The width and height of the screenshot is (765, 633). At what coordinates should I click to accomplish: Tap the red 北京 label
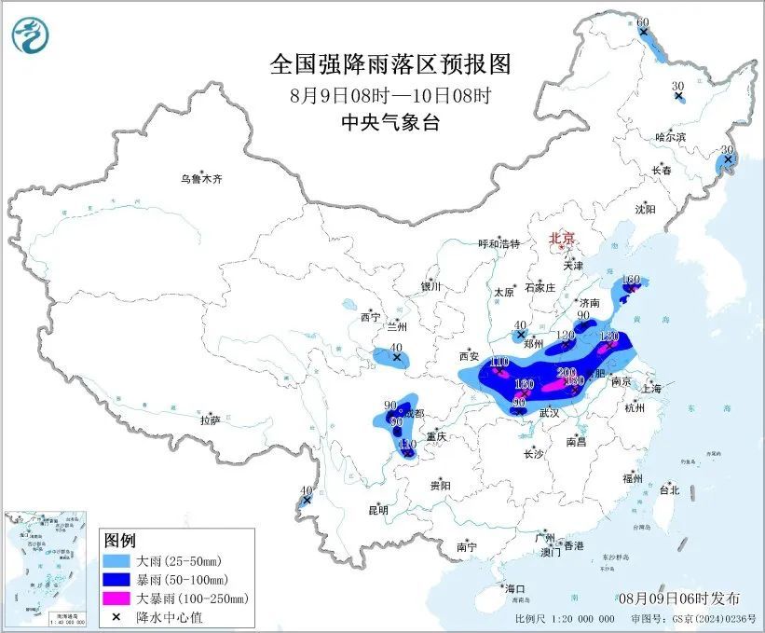coord(564,238)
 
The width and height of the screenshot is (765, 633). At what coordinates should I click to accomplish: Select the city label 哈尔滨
coord(669,137)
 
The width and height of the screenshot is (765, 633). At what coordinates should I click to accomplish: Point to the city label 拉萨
coord(210,420)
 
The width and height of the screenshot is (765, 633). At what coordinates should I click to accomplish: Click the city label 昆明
coord(377,510)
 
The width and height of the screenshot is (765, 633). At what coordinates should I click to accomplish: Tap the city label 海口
coord(515,588)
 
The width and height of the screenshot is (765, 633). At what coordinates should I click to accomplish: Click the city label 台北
coord(669,489)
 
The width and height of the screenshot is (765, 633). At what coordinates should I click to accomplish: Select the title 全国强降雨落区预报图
coord(390,63)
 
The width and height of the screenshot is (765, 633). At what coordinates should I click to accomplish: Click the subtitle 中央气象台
coord(390,123)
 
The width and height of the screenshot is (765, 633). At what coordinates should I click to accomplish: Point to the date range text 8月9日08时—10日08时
coord(390,95)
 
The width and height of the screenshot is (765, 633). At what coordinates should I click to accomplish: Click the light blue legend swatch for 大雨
coord(117,561)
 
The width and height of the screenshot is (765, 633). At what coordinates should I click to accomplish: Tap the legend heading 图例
coord(120,541)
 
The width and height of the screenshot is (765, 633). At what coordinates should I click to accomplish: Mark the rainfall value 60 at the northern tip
coord(642,21)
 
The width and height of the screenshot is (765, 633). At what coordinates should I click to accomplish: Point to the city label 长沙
coord(533,454)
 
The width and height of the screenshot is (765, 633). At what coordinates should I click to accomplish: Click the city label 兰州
coord(398,327)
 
